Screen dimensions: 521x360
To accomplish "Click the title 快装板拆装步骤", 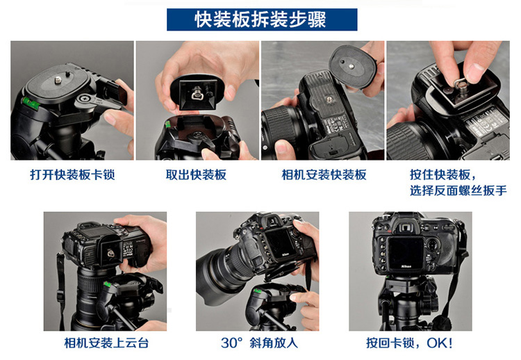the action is (x=260, y=19).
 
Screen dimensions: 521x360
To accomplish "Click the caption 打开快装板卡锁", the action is (x=72, y=175).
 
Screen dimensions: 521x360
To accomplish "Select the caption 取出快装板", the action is (x=196, y=175).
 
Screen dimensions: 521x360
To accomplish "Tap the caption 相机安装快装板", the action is (x=324, y=175).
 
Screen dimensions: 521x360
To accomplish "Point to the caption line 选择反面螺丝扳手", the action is (x=458, y=191).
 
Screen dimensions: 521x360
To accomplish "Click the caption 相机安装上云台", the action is (x=106, y=343).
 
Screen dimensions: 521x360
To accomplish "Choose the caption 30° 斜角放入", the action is (x=259, y=343).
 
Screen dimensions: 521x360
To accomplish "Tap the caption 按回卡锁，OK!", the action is (x=409, y=343).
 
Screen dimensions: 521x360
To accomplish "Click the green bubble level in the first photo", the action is (x=31, y=104).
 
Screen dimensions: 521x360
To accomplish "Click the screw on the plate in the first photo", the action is (x=58, y=80).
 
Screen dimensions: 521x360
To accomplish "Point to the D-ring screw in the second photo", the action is (x=196, y=94).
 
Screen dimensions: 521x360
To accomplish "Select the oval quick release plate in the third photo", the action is (x=352, y=67).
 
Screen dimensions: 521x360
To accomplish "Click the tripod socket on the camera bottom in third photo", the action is (x=329, y=99).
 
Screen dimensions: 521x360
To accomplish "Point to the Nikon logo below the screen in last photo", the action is (x=406, y=266).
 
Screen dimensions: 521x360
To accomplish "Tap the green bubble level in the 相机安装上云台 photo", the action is (x=107, y=284).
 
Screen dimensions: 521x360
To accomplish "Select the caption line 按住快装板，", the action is (x=443, y=175).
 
